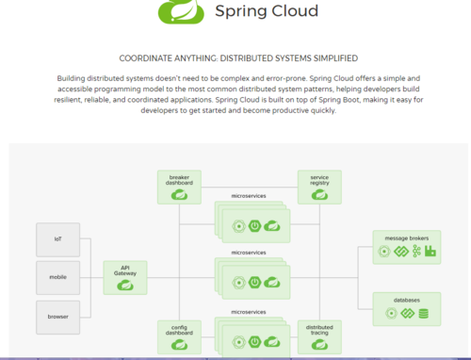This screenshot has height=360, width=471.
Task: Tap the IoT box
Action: point(57,239)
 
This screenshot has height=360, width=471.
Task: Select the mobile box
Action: point(57,278)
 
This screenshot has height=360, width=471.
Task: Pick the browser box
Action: point(57,318)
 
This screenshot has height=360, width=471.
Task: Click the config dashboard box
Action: point(179,336)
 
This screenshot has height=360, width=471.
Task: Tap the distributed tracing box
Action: point(318,336)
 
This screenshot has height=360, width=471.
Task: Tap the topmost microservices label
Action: point(249,198)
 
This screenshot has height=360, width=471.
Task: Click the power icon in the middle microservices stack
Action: point(255,283)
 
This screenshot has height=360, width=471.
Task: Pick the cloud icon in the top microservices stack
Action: point(272,226)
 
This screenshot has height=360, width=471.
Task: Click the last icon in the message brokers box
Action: point(430,252)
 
